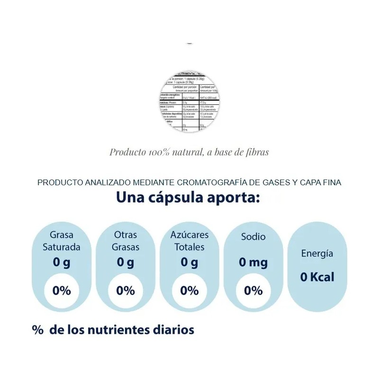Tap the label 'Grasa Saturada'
pyautogui.click(x=62, y=241)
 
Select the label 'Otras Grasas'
pyautogui.click(x=126, y=241)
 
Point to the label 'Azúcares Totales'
pyautogui.click(x=189, y=241)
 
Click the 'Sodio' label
pyautogui.click(x=253, y=236)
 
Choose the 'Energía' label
pyautogui.click(x=317, y=253)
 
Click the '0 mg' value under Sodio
pyautogui.click(x=253, y=262)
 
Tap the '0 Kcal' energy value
pyautogui.click(x=317, y=277)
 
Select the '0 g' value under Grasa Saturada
pyautogui.click(x=62, y=262)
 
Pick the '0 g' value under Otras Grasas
pyautogui.click(x=126, y=262)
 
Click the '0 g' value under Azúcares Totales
pyautogui.click(x=189, y=262)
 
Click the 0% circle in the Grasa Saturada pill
pyautogui.click(x=62, y=290)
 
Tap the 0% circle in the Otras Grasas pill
pyautogui.click(x=126, y=290)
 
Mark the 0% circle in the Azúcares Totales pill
pyautogui.click(x=189, y=290)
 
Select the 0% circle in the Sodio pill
pyautogui.click(x=253, y=290)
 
